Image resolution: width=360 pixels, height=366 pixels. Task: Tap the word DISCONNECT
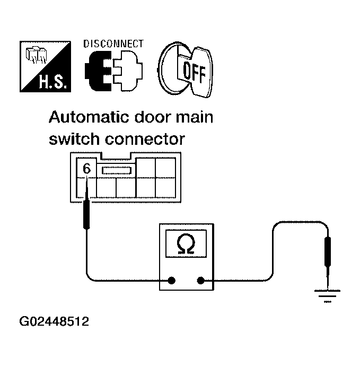[113, 43]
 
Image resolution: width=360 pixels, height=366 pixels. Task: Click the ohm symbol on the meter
[186, 245]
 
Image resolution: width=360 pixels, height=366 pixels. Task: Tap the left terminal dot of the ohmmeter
[172, 281]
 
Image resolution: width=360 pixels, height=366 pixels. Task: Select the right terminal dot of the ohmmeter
[200, 281]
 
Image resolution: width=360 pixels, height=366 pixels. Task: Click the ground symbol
[327, 295]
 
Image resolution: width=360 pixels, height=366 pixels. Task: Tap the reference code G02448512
[54, 322]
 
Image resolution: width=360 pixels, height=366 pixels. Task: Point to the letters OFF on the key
[194, 70]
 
